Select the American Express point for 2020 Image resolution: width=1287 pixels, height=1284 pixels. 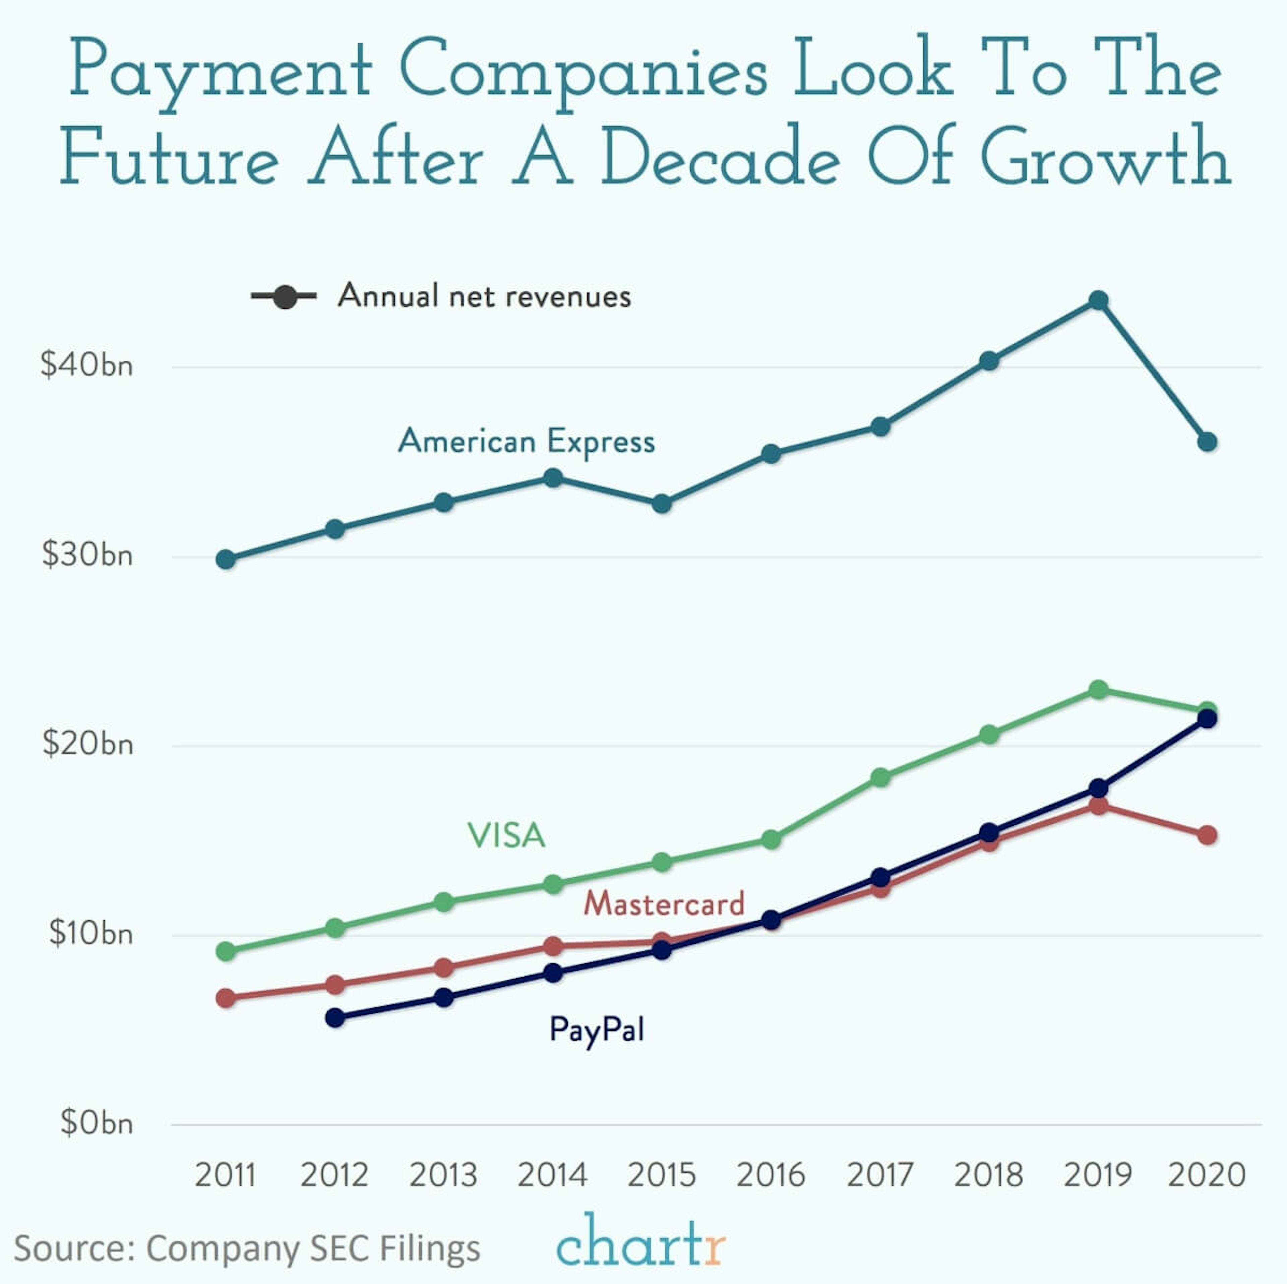tap(1207, 442)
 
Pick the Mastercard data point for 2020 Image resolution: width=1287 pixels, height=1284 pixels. tap(1207, 835)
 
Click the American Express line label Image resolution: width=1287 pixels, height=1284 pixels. tap(526, 441)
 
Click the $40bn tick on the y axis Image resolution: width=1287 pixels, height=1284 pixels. tap(86, 365)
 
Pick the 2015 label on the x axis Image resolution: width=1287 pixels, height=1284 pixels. tap(662, 1175)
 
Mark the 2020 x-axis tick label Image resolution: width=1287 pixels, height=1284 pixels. tap(1207, 1175)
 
